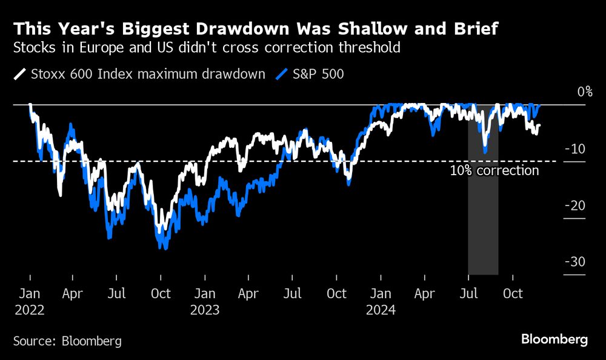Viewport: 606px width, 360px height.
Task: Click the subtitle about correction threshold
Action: pyautogui.click(x=207, y=47)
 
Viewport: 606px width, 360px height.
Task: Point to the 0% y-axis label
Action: pyautogui.click(x=584, y=92)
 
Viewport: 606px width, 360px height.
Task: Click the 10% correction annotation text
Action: pyautogui.click(x=494, y=171)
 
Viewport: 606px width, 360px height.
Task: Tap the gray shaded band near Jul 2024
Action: pyautogui.click(x=483, y=230)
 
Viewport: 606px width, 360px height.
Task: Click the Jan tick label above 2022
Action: pyautogui.click(x=30, y=294)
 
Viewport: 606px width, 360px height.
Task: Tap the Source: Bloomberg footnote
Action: pyautogui.click(x=67, y=341)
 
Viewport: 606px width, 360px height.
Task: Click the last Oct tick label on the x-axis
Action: pyautogui.click(x=513, y=294)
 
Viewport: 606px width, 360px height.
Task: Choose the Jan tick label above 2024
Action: pyautogui.click(x=381, y=294)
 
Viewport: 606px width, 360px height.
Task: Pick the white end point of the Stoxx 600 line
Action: pyautogui.click(x=539, y=125)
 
